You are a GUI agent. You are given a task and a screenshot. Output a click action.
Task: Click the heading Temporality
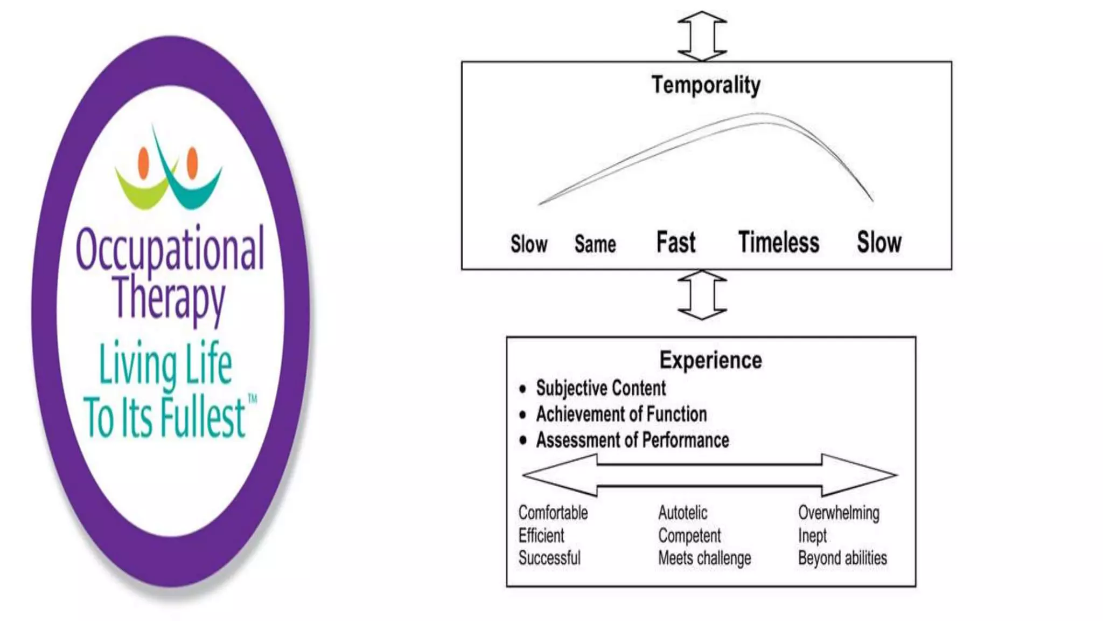tap(706, 85)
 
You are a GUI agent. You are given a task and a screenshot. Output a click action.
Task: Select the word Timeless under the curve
tap(778, 243)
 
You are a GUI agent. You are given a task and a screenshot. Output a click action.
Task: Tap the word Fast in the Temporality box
tap(675, 243)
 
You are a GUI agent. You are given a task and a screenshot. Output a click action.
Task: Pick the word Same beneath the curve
tap(595, 244)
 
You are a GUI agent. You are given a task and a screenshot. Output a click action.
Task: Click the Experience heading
tap(710, 360)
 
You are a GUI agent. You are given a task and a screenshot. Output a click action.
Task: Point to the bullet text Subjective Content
tap(601, 388)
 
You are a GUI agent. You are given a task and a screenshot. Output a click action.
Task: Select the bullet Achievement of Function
tap(621, 414)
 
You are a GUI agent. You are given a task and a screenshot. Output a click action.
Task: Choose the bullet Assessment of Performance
tap(632, 440)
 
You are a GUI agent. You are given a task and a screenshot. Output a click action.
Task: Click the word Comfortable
tap(553, 513)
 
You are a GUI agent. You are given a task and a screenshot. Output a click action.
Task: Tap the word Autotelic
tap(682, 513)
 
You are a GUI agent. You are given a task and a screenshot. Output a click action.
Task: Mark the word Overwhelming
tap(838, 513)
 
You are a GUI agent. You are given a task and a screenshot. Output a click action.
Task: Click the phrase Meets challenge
tap(704, 558)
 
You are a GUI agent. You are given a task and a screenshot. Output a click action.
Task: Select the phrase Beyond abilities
tap(842, 558)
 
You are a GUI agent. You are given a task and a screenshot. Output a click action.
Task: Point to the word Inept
tap(812, 536)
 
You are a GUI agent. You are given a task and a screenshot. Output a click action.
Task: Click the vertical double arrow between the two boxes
tap(702, 295)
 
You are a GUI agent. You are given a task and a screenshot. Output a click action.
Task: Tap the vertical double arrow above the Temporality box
tap(702, 36)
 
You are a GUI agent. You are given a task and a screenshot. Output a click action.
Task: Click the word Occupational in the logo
tap(170, 249)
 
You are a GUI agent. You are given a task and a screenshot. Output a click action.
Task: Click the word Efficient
tap(541, 536)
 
